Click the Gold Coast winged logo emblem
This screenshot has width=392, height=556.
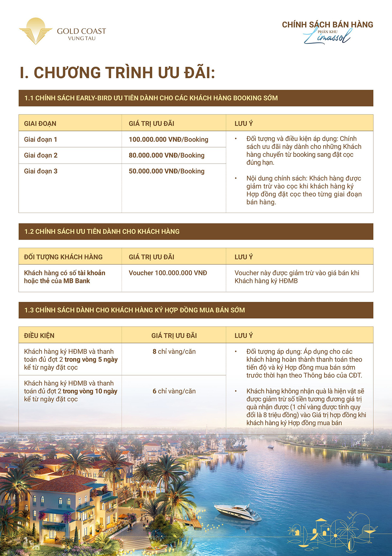pos(35,31)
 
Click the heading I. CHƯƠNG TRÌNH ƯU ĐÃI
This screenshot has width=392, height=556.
pos(117,73)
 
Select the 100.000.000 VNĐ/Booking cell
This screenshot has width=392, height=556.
pos(168,139)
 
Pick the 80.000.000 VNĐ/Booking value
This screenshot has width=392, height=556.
pos(166,155)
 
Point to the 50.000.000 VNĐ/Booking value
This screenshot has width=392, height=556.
pos(166,171)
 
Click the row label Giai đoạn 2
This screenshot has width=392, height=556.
pos(41,155)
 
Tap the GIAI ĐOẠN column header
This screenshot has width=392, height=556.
pos(40,124)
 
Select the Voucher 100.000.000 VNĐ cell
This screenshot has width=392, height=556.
pos(168,273)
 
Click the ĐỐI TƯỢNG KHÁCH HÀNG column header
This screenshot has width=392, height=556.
pos(63,257)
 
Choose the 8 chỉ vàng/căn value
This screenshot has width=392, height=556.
pos(174,352)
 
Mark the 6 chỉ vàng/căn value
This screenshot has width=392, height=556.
pos(174,391)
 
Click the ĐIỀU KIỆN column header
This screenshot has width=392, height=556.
pos(39,336)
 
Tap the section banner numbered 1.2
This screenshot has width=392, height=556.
pos(196,232)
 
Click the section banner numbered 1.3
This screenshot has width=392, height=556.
pos(196,310)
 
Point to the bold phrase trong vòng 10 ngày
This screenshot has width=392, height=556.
pos(90,391)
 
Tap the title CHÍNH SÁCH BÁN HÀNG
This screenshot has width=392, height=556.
pos(327,25)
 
